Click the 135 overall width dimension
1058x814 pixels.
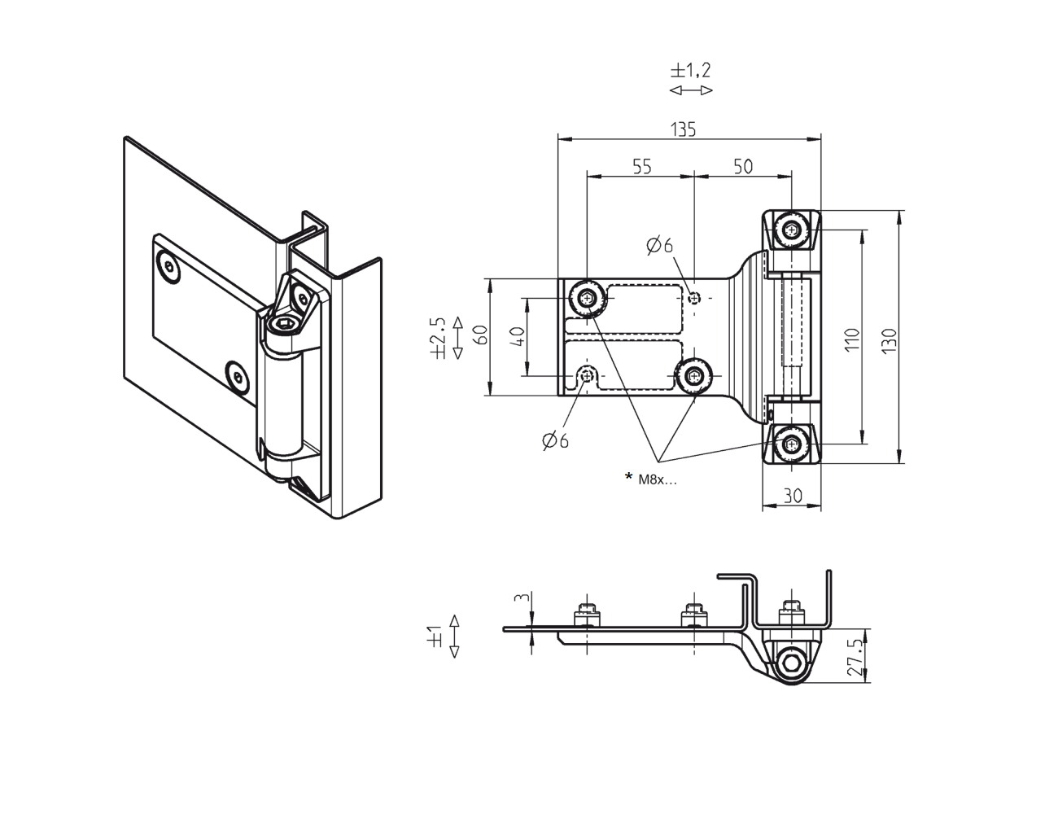coord(683,129)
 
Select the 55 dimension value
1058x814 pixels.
coord(642,166)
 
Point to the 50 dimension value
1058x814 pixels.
coord(743,166)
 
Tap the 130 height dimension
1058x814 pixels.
coord(889,339)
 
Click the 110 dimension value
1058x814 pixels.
coord(851,339)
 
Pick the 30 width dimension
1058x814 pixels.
coord(792,495)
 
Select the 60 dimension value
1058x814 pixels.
coord(481,335)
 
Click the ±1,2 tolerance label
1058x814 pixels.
coord(691,69)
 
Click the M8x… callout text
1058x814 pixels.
coord(657,479)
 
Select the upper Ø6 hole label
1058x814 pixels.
coord(660,245)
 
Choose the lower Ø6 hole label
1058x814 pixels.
coord(556,440)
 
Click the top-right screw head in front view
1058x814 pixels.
coord(792,230)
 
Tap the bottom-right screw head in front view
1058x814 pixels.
coord(792,444)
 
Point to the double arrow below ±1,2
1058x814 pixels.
coord(691,90)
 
